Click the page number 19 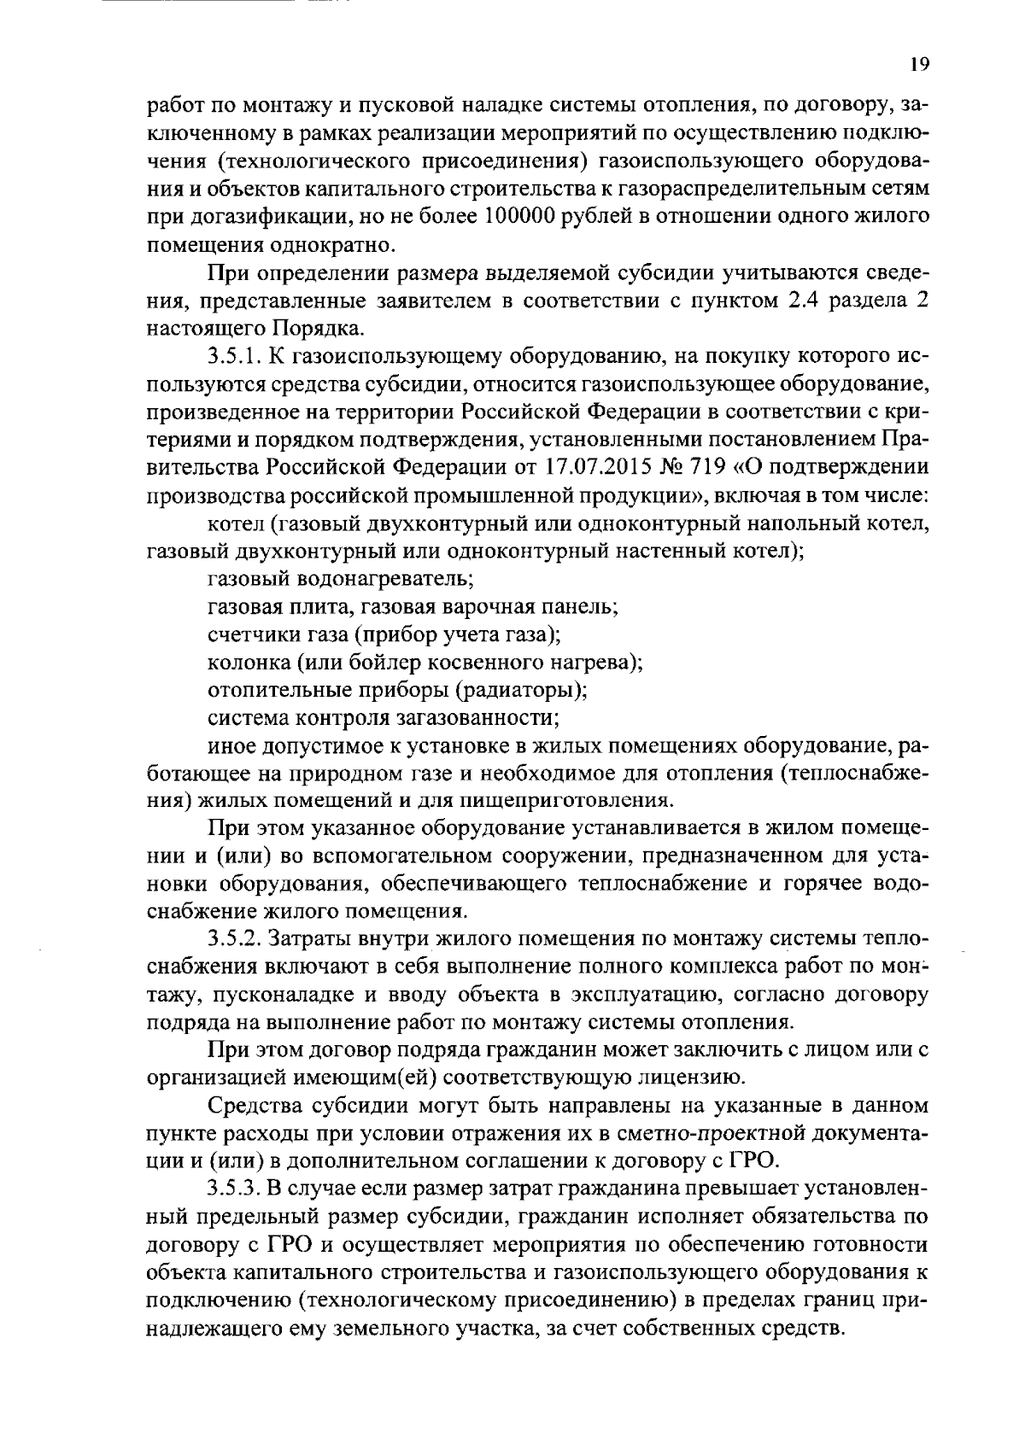[x=918, y=65]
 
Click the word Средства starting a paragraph [x=259, y=1105]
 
